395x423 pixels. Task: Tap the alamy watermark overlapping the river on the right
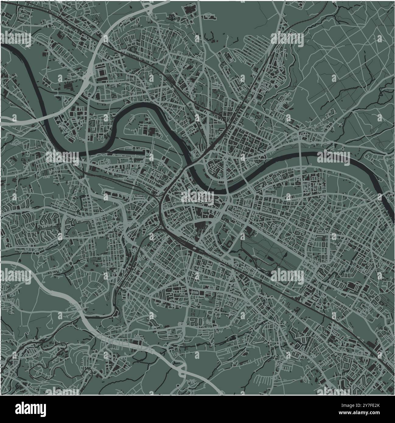(x=334, y=158)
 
